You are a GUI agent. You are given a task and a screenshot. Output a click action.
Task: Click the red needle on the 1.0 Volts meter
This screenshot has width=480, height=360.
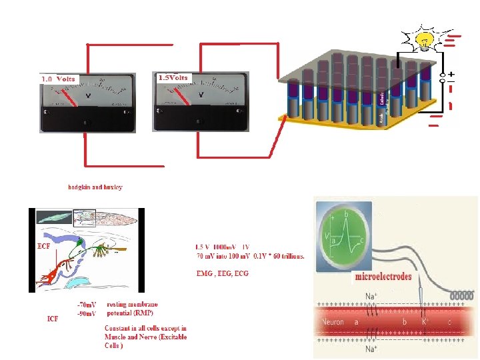coord(70,99)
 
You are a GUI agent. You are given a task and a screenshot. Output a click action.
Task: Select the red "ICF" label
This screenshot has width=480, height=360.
coord(53,319)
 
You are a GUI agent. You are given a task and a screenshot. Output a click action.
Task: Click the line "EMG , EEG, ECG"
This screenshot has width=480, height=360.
coord(221,274)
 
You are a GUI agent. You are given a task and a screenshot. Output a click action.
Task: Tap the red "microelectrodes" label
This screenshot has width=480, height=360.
coord(383,277)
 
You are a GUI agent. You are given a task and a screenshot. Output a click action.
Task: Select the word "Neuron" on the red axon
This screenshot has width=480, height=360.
coord(333,323)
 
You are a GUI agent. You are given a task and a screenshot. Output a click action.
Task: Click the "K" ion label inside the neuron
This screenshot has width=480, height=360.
coord(424,322)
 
